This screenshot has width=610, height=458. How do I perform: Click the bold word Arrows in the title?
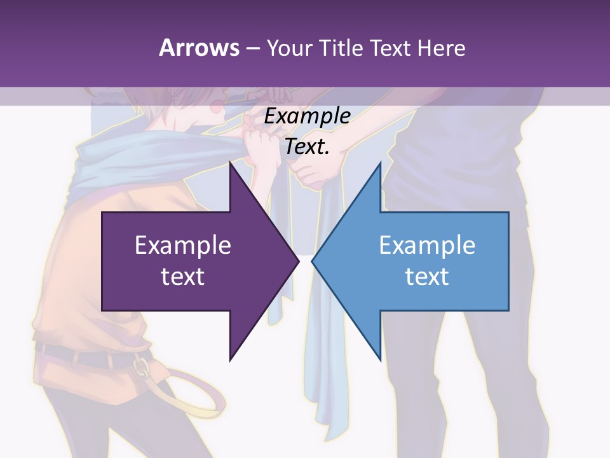[199, 48]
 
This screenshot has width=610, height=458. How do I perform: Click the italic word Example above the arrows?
[308, 116]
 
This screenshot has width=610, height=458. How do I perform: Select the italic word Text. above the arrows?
[308, 147]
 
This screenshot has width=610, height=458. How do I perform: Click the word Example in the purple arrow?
[183, 245]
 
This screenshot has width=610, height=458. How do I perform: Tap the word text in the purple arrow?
[183, 276]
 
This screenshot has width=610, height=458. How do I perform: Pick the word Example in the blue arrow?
[427, 245]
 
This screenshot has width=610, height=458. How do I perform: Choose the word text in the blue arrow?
[427, 276]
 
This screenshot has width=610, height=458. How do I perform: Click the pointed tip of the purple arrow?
[299, 261]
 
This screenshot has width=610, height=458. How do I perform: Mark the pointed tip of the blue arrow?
[312, 261]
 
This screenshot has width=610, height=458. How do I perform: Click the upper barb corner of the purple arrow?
[230, 163]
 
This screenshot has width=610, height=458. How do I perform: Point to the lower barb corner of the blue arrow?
[380, 359]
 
